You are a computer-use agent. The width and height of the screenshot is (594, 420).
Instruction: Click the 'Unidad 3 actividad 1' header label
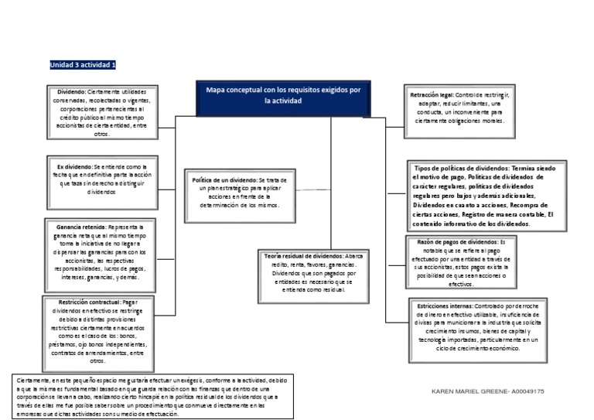coord(83,64)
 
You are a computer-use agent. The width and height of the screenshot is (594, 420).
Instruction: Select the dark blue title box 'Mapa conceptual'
coord(282,96)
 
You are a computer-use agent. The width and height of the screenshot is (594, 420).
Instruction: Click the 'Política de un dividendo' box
coord(239,193)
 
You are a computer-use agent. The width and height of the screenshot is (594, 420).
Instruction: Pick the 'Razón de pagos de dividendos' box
coord(458,263)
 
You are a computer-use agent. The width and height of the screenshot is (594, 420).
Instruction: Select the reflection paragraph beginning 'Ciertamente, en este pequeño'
coord(153,396)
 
